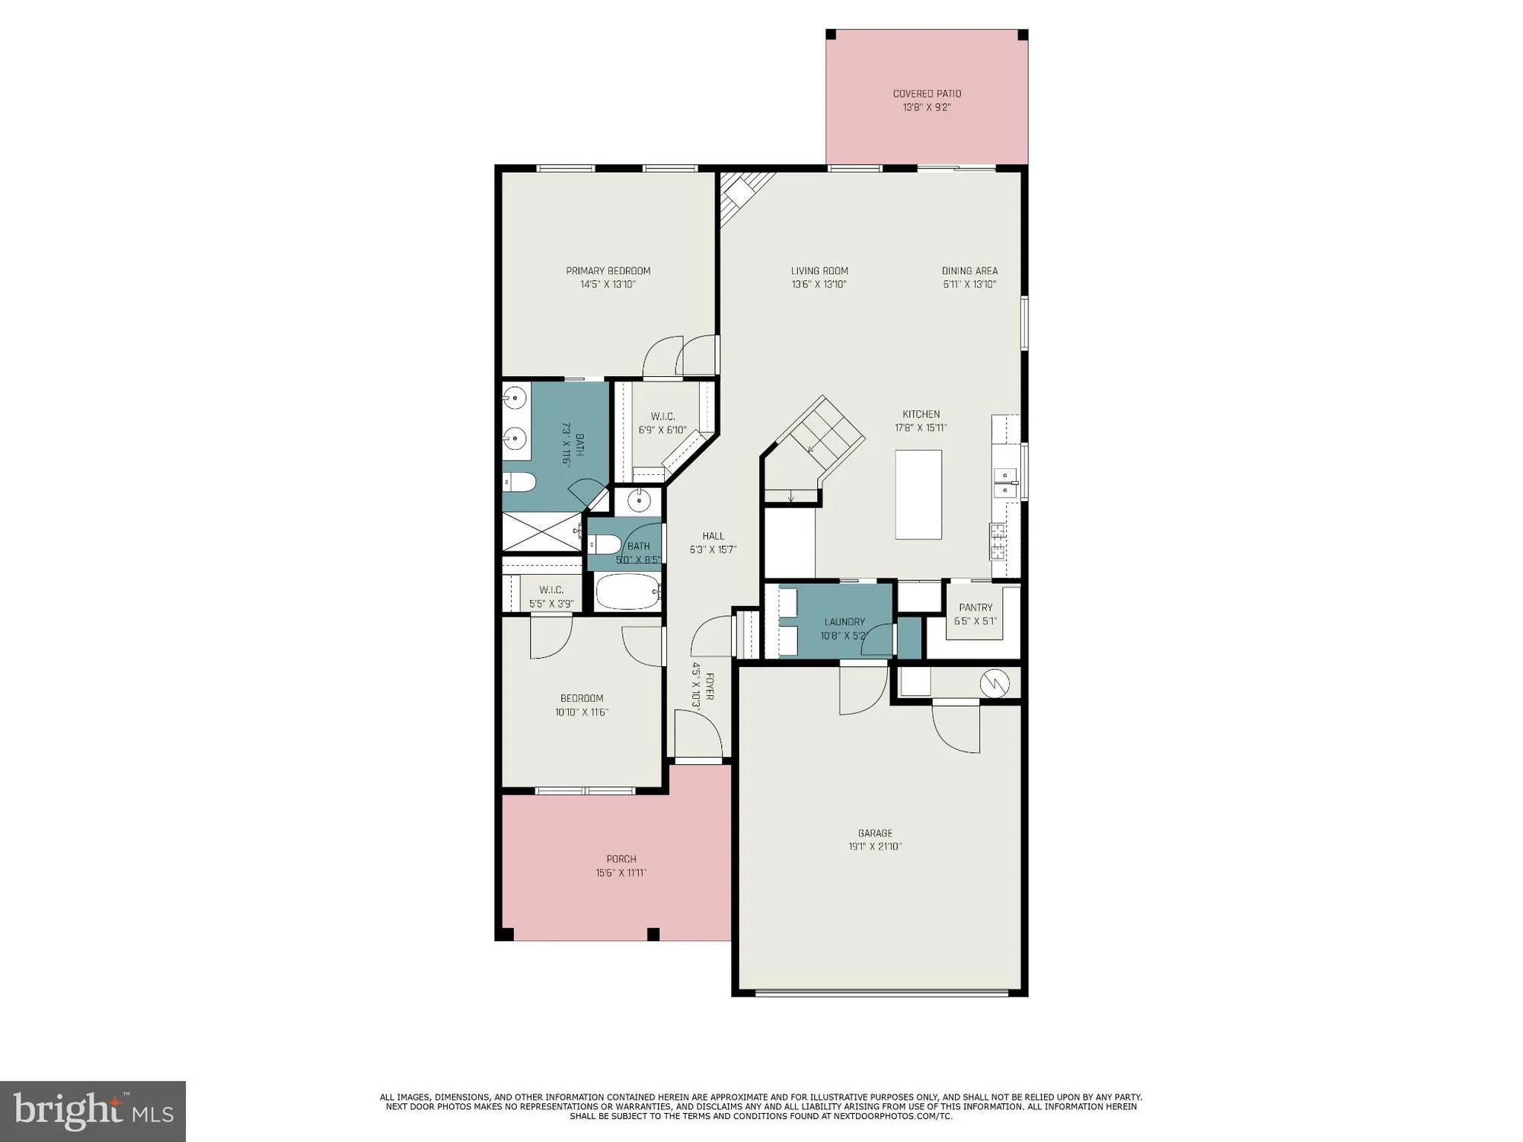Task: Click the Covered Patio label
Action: coord(927,94)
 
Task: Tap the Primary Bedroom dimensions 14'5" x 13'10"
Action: coord(608,285)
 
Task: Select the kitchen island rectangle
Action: coord(918,495)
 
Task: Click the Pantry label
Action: coord(975,608)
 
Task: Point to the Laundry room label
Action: coord(844,622)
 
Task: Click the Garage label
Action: coord(875,833)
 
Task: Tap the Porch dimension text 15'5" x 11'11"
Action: coord(621,873)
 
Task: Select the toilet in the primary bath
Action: coord(520,482)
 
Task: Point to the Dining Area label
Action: coord(969,271)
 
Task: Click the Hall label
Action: coord(713,536)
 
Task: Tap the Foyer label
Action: coord(709,685)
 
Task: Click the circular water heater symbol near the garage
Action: coord(995,683)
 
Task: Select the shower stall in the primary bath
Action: coord(541,531)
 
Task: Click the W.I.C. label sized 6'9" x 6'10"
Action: coord(663,416)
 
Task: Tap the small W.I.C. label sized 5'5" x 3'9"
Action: coord(551,590)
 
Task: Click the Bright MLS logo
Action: coord(93,1111)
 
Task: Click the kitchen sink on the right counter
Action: coord(1005,483)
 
